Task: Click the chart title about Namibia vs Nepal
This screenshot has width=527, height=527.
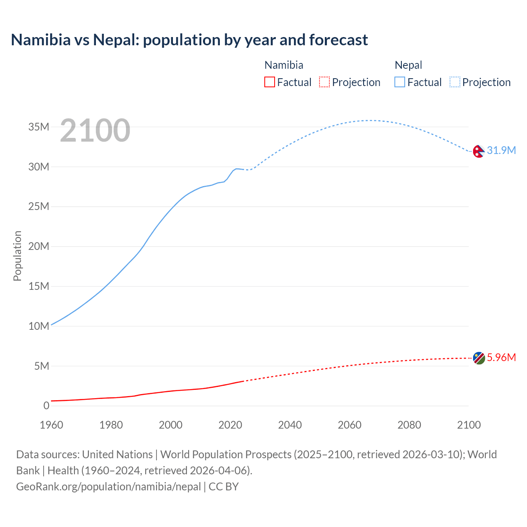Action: point(189,40)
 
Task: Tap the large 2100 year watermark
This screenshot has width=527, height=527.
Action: point(95,131)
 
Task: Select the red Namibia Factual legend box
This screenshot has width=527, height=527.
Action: point(269,82)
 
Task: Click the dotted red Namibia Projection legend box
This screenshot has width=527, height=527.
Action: point(324,82)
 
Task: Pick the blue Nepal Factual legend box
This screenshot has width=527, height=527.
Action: point(400,82)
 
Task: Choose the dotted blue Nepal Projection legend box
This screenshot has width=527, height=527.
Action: point(455,82)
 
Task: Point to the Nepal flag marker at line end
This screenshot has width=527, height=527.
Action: point(478,152)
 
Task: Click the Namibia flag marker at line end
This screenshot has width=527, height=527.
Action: point(479,358)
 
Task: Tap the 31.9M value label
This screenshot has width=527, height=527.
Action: point(501,150)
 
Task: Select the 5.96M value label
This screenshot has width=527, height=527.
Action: point(501,357)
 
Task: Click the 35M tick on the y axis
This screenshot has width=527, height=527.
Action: point(39,127)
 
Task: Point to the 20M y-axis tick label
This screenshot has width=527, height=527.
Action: point(39,246)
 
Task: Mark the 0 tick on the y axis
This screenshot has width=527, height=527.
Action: point(46,406)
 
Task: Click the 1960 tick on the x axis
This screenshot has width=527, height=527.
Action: point(51,425)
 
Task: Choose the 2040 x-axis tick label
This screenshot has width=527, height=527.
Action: point(290,425)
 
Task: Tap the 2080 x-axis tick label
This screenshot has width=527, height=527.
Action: point(409,425)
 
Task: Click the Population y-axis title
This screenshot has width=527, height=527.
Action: point(17,256)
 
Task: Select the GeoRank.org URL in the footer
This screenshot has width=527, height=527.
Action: point(108,487)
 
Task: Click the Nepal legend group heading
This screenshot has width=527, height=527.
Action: point(408,65)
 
